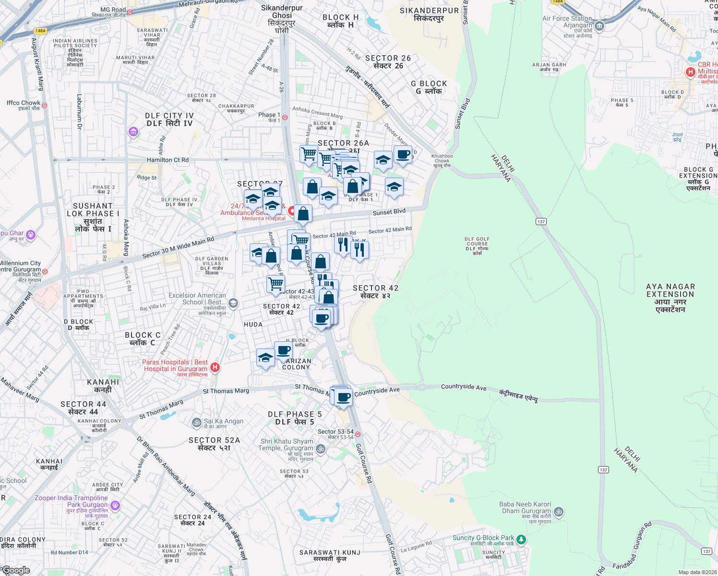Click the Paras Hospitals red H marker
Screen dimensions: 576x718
click(x=215, y=367)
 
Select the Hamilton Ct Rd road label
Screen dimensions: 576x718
click(x=168, y=160)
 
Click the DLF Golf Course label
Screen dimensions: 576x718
click(x=477, y=245)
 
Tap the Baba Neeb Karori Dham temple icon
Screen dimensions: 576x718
click(x=559, y=512)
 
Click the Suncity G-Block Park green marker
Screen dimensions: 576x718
click(x=521, y=540)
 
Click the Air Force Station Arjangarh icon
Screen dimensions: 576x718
click(x=599, y=26)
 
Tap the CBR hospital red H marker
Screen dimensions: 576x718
click(x=690, y=72)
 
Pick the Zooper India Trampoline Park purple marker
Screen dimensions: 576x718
click(x=115, y=505)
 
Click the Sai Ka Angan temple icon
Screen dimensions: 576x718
click(x=196, y=422)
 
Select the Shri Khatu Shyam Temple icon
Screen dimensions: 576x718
click(x=321, y=449)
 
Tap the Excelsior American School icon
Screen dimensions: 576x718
click(x=233, y=303)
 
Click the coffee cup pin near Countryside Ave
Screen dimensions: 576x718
click(x=344, y=397)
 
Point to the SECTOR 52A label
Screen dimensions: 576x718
click(x=214, y=444)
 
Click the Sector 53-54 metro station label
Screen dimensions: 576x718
click(x=335, y=434)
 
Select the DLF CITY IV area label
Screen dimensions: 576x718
click(x=169, y=119)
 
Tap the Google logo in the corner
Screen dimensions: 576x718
click(x=16, y=570)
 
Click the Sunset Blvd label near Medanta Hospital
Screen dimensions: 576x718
click(x=389, y=212)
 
